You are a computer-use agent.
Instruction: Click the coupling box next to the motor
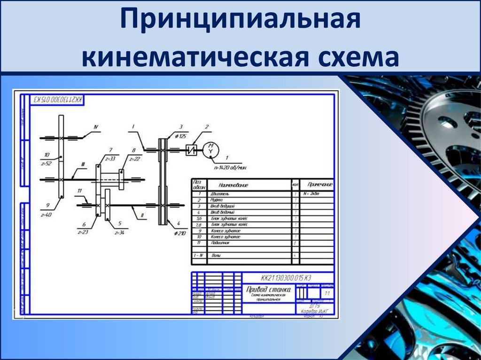click(191, 150)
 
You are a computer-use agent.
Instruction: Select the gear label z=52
click(46, 164)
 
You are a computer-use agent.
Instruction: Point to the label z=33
click(110, 159)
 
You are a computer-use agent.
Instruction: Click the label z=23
click(83, 232)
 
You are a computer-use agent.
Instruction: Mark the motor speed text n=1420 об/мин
click(230, 167)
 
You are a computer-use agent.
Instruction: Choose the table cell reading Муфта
click(217, 199)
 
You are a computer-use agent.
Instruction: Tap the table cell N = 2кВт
click(310, 193)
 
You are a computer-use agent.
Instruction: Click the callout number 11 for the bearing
click(80, 191)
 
